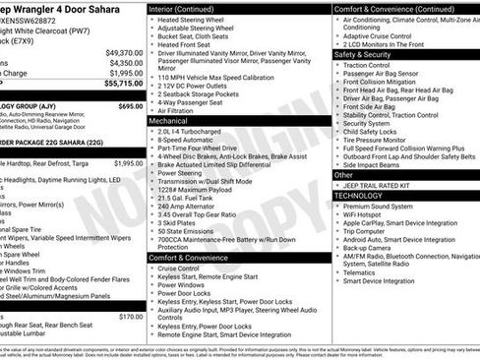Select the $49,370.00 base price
[122, 52]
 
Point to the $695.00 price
[130, 105]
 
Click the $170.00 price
[130, 317]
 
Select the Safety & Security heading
[363, 55]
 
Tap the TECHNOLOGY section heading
[358, 196]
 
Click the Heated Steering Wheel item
[191, 20]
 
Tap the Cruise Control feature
[178, 269]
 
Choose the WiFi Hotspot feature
[369, 214]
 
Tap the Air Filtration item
[177, 110]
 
